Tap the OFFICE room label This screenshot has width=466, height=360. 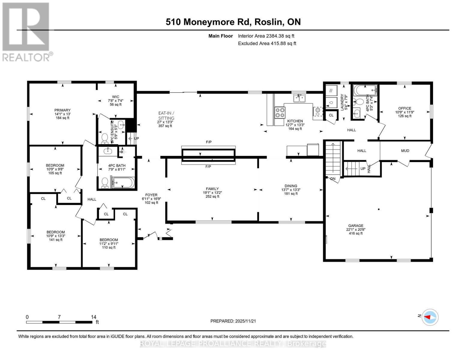coord(405,108)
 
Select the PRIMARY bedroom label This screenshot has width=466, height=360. coord(62,110)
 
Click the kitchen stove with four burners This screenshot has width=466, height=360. coord(280,113)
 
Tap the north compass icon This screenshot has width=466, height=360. coord(430,317)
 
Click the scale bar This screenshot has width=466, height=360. coord(59,322)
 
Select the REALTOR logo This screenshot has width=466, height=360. coord(26,31)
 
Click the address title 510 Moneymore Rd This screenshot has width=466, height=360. coord(233,22)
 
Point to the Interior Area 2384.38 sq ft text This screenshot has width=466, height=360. coord(266,36)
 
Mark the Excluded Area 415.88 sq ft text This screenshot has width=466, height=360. coord(267,43)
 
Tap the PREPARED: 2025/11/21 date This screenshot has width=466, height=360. coord(233,321)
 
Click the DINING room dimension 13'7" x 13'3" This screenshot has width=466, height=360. coord(291,190)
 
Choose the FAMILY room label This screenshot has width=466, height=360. coord(212,189)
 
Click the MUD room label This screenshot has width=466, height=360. coord(405,151)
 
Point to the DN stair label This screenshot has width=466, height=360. coord(333,179)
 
